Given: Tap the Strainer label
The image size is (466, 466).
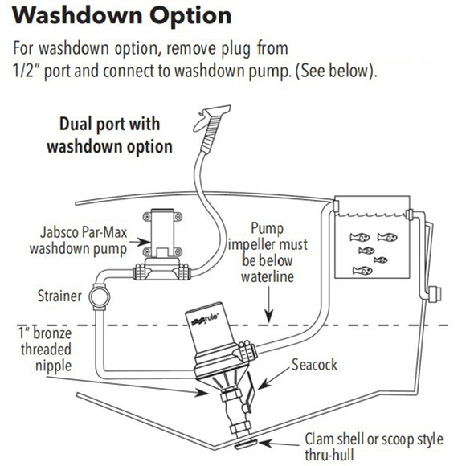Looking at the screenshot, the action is click(x=59, y=296).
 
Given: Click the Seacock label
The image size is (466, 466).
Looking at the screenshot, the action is click(x=314, y=365).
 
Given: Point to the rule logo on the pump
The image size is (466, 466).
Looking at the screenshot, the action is click(x=206, y=319).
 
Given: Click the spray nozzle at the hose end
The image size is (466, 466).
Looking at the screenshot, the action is click(x=212, y=123).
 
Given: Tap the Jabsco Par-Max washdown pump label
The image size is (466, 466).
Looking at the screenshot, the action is click(x=79, y=241).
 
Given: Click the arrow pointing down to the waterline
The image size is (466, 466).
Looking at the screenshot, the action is click(x=269, y=305).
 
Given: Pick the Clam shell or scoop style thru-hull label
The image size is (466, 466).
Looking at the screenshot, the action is click(x=374, y=447).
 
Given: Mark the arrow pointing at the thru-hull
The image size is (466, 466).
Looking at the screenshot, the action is click(x=280, y=444).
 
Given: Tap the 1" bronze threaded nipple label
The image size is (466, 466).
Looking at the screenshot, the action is click(x=45, y=349).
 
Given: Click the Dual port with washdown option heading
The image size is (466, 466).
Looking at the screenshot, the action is click(x=109, y=135).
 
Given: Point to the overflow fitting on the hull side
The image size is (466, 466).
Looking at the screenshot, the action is click(x=435, y=294).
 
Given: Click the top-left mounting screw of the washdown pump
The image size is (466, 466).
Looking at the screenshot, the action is click(x=147, y=216).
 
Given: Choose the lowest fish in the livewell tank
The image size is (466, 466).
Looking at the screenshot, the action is click(x=362, y=271).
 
